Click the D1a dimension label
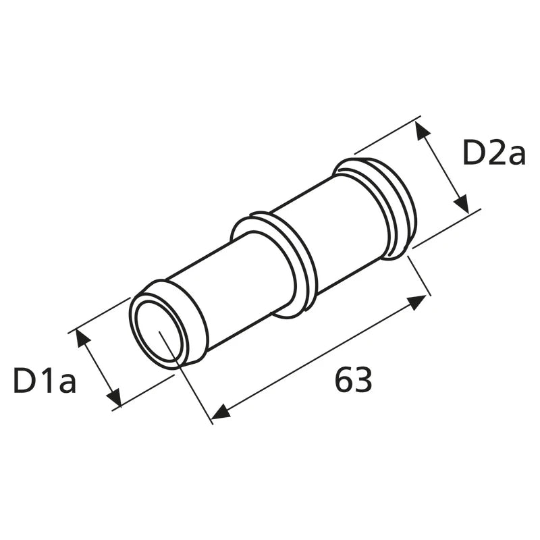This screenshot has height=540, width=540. coord(45,380)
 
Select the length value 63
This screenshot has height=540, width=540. coord(353,379)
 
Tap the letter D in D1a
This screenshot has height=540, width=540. coord(24,380)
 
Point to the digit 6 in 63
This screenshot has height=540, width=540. coord(344,379)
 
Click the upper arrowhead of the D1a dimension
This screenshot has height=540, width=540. coord(83,340)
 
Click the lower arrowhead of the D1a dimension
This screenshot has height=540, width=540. coord(115,396)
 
